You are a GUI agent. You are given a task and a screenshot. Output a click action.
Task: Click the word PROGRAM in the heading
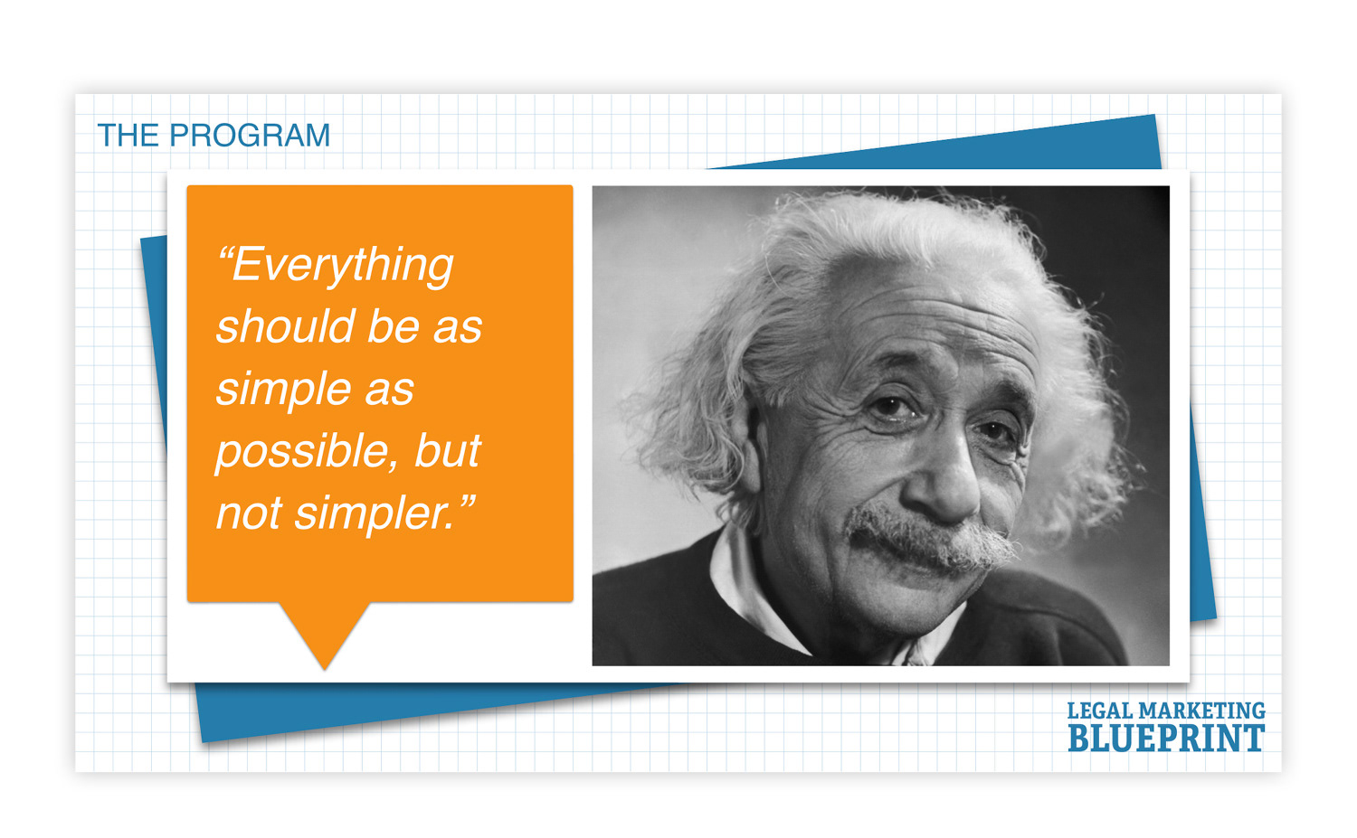coord(250,135)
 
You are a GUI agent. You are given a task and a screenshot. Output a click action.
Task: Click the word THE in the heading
coord(128,135)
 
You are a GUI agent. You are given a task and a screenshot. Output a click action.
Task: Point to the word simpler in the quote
coord(374,513)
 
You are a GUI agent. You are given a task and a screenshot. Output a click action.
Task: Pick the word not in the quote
coord(249,513)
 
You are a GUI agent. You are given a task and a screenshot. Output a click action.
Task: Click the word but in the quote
coord(447,450)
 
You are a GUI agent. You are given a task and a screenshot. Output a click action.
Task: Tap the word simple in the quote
coord(283,391)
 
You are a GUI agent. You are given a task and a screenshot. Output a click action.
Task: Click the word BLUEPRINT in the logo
coord(1166,739)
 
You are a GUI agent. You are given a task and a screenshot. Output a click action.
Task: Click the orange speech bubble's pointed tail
coord(325,636)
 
